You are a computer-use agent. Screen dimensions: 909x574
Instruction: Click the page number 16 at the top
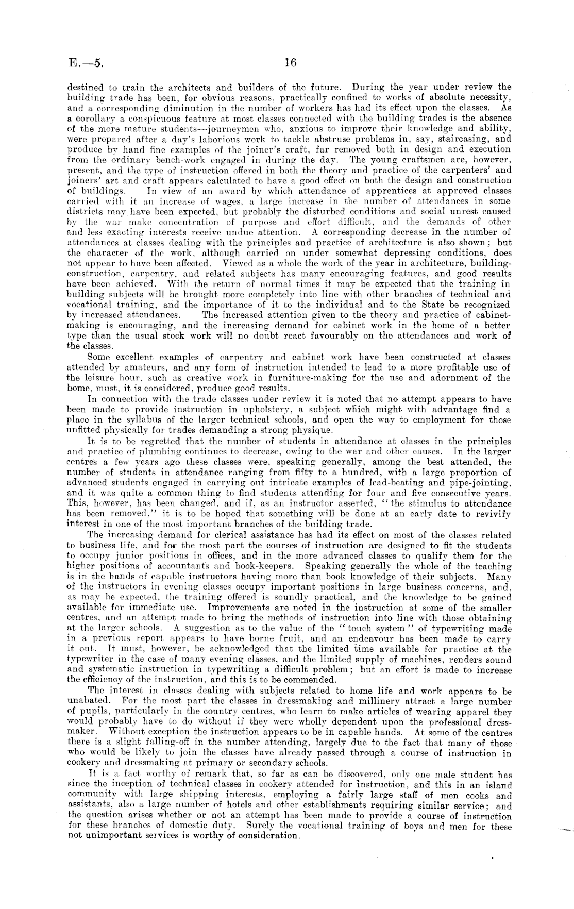(x=290, y=63)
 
